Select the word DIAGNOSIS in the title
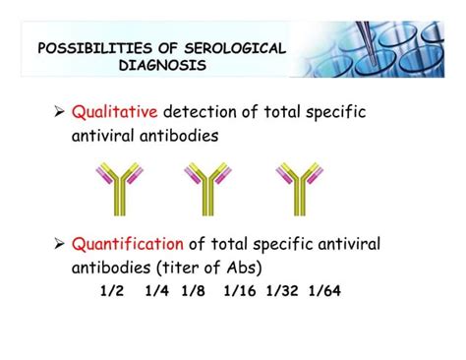pos(162,66)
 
